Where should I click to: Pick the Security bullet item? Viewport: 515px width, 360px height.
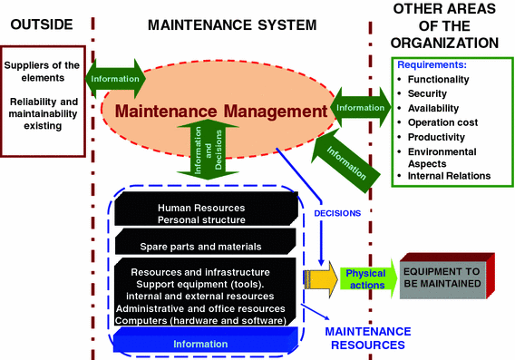point(431,93)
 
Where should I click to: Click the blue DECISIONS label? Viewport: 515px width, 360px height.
point(337,214)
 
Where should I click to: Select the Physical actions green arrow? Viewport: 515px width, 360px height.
point(365,279)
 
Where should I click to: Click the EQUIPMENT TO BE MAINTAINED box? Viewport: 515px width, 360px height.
point(449,276)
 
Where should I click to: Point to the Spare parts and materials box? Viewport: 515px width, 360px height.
point(200,245)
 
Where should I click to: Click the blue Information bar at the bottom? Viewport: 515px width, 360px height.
point(202,345)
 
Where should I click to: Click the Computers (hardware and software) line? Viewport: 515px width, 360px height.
point(201,321)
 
